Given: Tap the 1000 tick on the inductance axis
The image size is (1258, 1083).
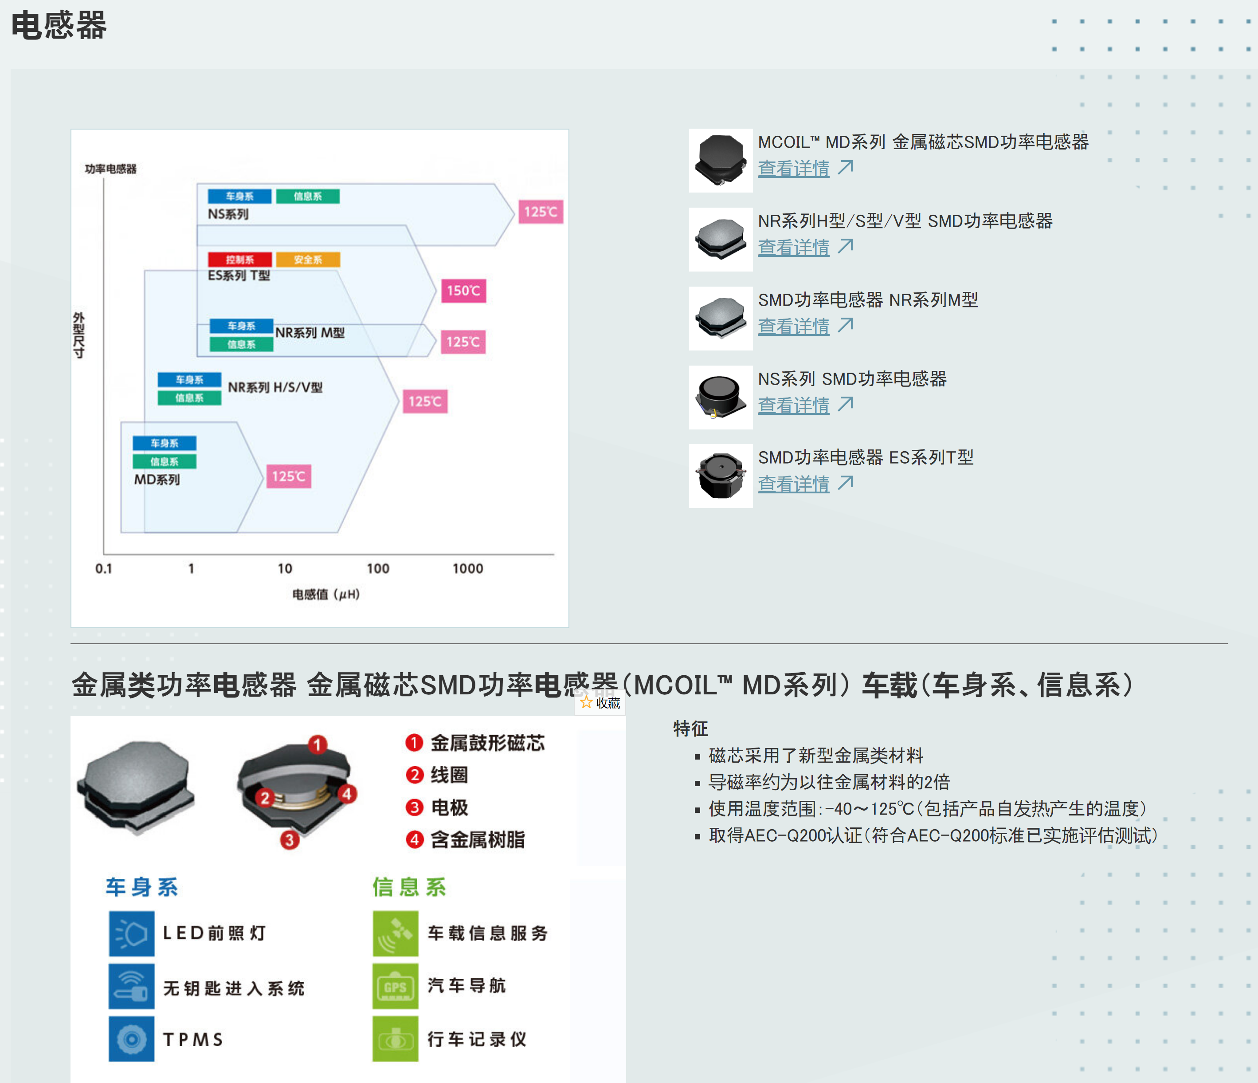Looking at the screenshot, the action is (467, 568).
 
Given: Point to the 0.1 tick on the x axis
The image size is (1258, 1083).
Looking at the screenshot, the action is (104, 568).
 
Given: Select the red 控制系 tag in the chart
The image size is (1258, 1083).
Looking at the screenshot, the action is (240, 260).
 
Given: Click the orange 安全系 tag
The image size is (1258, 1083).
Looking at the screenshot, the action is (308, 260).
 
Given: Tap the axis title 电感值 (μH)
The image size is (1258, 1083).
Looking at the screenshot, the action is (326, 594).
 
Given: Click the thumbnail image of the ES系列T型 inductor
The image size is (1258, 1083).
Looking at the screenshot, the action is (721, 476).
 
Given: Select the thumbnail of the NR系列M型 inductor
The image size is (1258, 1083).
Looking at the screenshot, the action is (721, 318).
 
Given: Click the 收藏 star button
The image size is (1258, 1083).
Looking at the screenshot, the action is (600, 703).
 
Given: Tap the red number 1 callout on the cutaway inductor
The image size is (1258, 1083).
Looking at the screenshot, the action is (317, 744).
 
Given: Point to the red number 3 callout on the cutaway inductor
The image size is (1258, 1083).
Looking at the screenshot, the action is (290, 839).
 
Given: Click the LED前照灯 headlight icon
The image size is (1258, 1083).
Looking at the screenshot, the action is (132, 933).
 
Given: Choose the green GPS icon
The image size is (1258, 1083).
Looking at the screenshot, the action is (395, 986).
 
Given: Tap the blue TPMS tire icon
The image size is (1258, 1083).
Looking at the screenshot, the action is (132, 1039).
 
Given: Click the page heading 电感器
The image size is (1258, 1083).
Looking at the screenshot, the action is (59, 25).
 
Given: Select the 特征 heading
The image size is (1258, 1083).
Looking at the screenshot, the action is (691, 728).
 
